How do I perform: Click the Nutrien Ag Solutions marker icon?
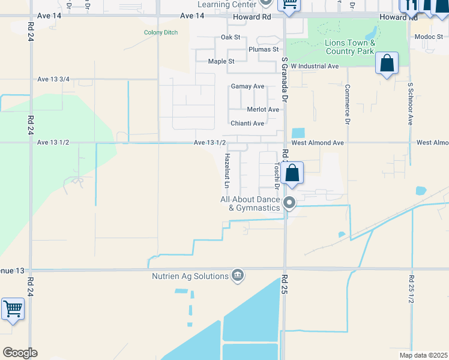237,275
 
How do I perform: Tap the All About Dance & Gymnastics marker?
289,203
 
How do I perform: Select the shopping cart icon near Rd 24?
13,310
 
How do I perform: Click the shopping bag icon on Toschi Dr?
292,173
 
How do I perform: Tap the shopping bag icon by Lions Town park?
387,64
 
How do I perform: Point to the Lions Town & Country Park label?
350,47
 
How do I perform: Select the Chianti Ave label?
247,124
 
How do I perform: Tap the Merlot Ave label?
263,110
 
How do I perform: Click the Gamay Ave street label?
247,86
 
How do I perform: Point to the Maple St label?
221,61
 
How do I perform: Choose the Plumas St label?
264,49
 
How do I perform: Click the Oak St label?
231,37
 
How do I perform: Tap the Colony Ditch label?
161,32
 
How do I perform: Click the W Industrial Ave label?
315,66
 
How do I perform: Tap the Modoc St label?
429,37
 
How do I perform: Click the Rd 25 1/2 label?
411,289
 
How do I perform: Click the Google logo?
20,353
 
